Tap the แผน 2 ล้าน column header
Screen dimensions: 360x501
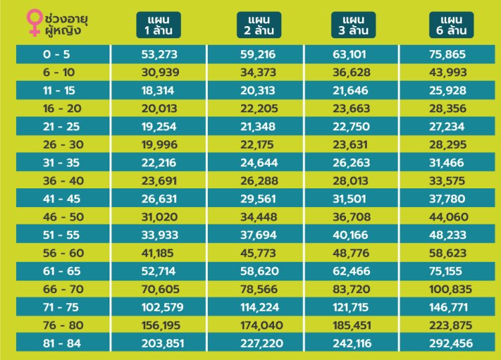(x=257, y=25)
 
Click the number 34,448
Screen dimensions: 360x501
(x=257, y=216)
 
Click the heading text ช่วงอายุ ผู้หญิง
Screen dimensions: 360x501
(x=67, y=22)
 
